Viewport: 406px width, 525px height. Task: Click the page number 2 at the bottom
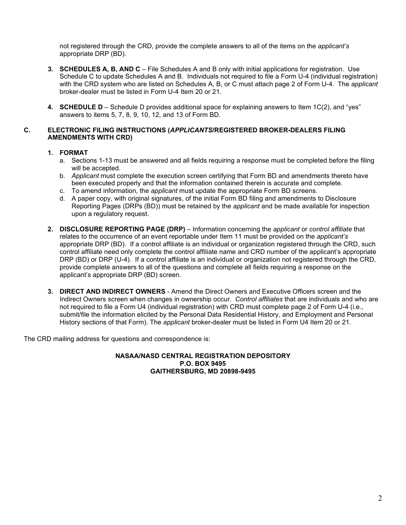(x=380, y=498)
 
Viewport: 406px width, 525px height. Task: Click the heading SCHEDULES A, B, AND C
(x=100, y=69)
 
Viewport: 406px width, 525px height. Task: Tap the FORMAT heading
(x=74, y=153)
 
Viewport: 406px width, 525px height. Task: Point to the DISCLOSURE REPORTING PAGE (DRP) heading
(x=122, y=229)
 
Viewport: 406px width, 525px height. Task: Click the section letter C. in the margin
(x=27, y=130)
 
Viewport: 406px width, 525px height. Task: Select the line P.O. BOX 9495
(x=203, y=364)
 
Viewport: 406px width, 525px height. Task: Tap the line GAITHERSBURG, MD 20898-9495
(x=203, y=371)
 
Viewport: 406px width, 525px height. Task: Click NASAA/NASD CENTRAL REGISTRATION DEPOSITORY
(x=203, y=356)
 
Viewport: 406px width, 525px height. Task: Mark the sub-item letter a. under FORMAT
(x=62, y=160)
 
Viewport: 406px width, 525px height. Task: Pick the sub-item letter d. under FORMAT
(x=62, y=198)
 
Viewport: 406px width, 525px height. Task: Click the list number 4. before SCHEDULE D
(x=50, y=107)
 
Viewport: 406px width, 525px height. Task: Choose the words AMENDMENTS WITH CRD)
(x=90, y=137)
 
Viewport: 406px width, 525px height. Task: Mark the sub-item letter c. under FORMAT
(x=62, y=191)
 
